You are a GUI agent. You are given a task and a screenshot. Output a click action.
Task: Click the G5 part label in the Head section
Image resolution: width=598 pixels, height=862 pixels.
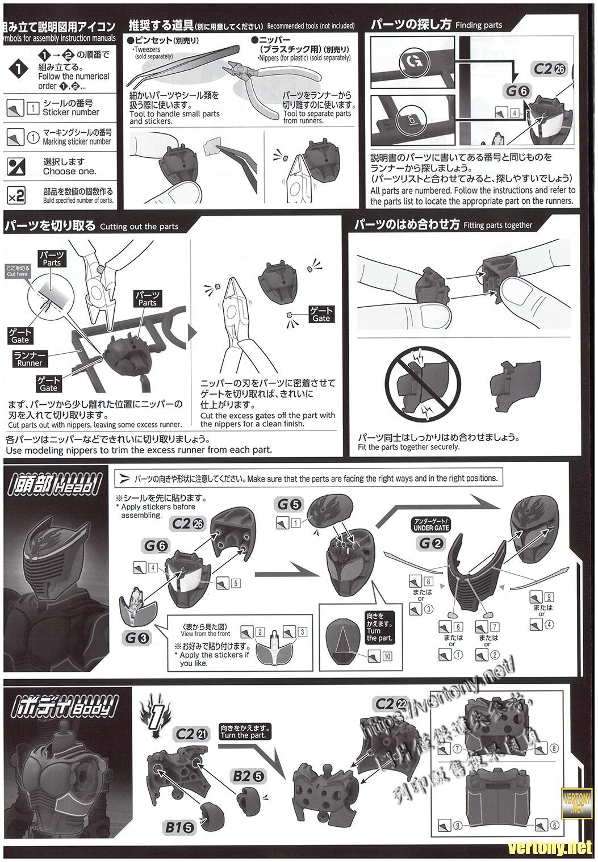tap(289, 504)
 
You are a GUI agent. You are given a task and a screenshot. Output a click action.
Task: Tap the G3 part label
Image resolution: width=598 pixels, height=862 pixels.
tap(137, 638)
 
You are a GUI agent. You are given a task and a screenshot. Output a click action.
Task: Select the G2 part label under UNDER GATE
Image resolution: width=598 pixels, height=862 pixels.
tap(431, 543)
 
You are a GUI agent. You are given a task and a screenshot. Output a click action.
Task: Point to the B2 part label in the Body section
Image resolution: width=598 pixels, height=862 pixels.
tap(248, 775)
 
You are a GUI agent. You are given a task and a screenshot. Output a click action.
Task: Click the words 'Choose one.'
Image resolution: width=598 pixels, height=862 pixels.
tap(69, 171)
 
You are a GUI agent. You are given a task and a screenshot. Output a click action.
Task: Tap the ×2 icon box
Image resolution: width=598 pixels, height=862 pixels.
tap(16, 196)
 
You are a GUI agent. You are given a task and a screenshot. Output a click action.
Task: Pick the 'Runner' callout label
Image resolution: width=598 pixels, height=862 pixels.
tap(30, 359)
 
